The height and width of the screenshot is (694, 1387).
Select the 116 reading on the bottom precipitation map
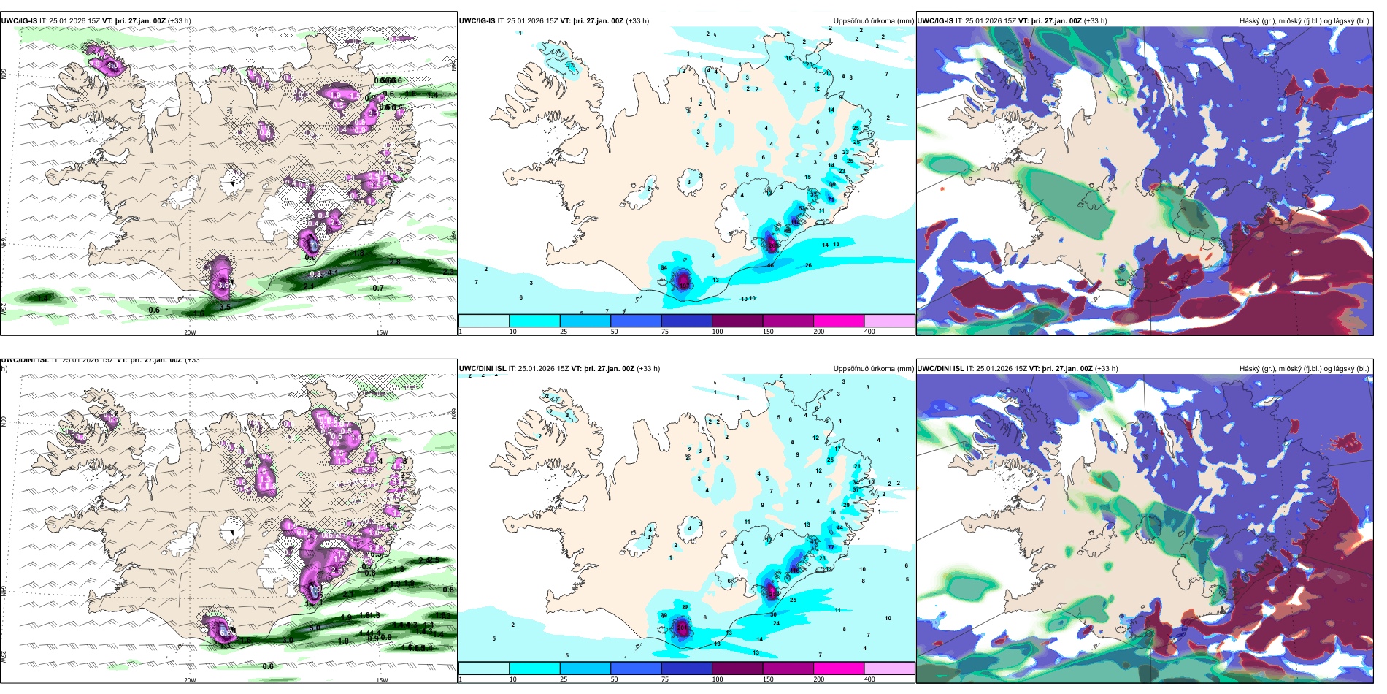tap(794, 571)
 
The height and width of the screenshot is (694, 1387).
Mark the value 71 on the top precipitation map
tap(831, 199)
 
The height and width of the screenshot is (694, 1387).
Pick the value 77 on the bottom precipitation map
tap(831, 547)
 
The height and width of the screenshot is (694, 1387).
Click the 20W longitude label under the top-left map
tap(190, 332)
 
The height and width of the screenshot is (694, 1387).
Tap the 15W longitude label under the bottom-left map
tap(382, 680)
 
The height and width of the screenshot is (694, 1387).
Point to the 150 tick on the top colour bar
tap(768, 332)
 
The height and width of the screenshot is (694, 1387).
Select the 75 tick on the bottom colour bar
tap(665, 679)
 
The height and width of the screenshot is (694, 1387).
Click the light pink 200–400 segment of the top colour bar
tap(889, 321)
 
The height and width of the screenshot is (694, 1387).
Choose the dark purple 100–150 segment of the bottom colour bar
tap(737, 668)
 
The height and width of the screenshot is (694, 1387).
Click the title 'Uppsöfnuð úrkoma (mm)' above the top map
tap(873, 21)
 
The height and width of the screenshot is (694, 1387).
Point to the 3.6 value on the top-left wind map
tap(223, 284)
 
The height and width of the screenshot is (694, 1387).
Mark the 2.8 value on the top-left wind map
tap(395, 262)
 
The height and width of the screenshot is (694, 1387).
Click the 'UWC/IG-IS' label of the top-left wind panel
tap(19, 21)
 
